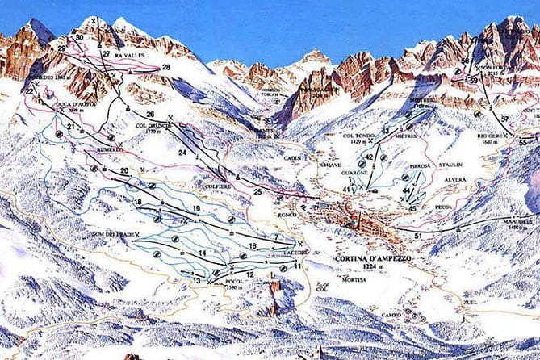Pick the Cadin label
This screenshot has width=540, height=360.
tap(291, 159)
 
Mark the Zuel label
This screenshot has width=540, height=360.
tap(470, 303)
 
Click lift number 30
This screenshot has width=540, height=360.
tap(79, 37)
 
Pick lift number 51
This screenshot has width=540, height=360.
tap(418, 234)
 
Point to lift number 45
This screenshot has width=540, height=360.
tap(412, 207)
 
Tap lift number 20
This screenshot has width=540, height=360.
tap(124, 170)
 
